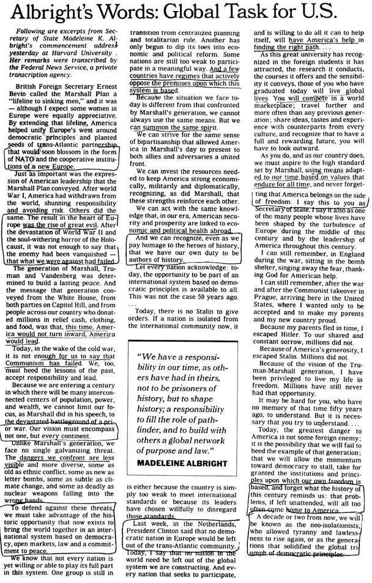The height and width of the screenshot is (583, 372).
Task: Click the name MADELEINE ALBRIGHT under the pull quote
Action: coord(182,464)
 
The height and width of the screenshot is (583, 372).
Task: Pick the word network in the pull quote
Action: coord(209,440)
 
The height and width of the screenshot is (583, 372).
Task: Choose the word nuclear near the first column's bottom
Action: coord(18,494)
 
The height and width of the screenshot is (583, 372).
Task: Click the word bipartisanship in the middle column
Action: coord(158,142)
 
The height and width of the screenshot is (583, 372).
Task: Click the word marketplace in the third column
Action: coord(273,105)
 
